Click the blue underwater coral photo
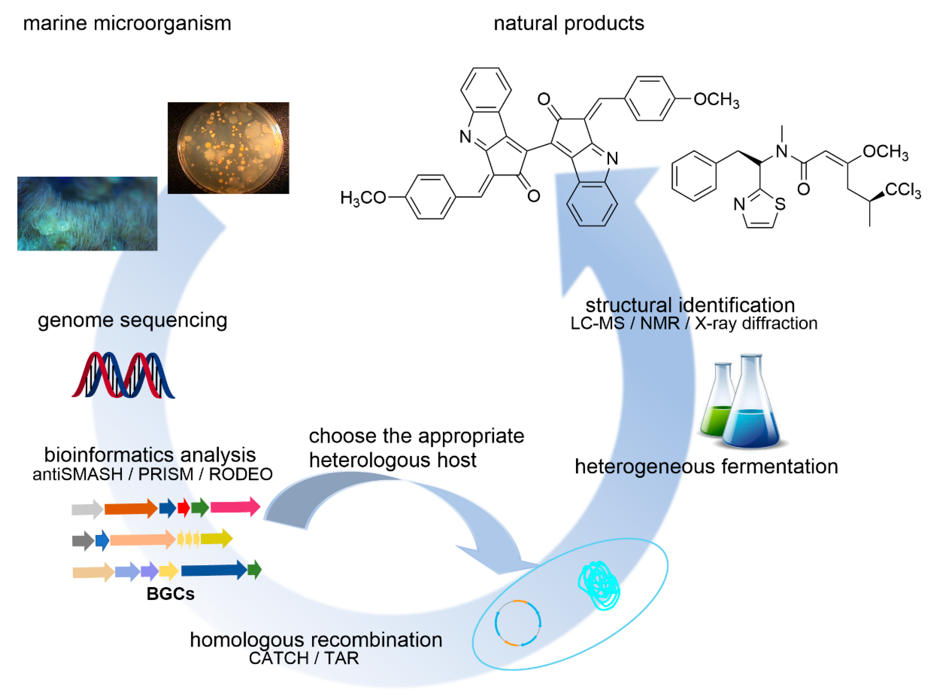[x=87, y=214]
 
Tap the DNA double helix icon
[x=123, y=375]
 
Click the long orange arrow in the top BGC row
[x=130, y=509]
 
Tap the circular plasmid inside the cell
[x=518, y=623]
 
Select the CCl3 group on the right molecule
[x=902, y=190]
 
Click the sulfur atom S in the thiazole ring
[x=780, y=204]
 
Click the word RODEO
[x=240, y=474]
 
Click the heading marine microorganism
[x=127, y=23]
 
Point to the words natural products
[x=569, y=23]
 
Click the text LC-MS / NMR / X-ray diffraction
[x=694, y=323]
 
